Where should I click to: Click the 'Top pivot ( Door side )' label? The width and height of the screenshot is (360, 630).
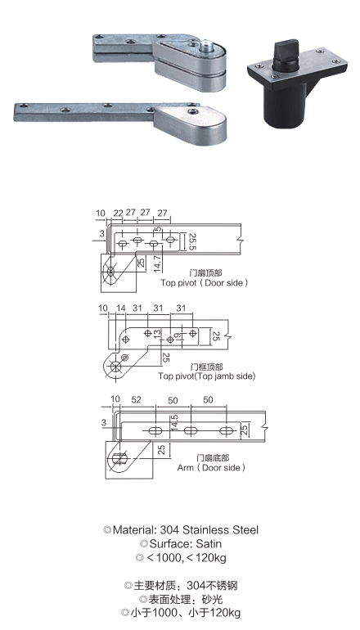point(204,283)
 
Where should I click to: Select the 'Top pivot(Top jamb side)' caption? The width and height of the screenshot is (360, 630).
point(206,376)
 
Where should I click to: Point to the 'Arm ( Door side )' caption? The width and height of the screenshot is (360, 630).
point(211,468)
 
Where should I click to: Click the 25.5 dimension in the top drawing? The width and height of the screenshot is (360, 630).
point(191,242)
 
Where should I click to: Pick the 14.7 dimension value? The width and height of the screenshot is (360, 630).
point(157,264)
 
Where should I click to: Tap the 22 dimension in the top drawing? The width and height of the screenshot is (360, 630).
point(118,213)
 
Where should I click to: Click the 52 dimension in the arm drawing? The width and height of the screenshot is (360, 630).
point(136,400)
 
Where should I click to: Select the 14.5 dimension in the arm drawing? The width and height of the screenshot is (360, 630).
point(174,423)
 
